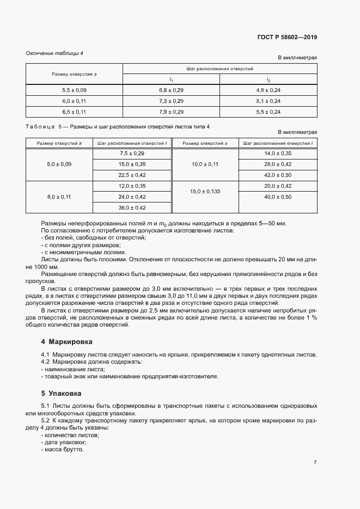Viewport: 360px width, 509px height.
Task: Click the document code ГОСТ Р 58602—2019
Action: tap(287, 38)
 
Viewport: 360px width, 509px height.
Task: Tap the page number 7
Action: tap(315, 462)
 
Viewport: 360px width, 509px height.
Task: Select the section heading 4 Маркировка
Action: tap(66, 342)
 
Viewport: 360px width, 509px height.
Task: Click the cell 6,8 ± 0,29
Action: tap(171, 90)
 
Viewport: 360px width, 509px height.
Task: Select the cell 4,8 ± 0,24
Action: tap(268, 90)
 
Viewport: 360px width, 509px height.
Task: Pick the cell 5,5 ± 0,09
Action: tap(74, 90)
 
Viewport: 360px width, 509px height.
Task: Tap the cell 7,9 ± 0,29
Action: tap(171, 112)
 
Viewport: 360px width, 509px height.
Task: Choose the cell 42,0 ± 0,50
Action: tap(278, 175)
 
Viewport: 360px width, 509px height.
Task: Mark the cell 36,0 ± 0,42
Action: tap(132, 207)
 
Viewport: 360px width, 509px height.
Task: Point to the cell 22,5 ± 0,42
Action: tap(132, 175)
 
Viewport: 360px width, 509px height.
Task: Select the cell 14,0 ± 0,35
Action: tap(278, 154)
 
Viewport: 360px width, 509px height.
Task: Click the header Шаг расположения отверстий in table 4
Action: tap(219, 69)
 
